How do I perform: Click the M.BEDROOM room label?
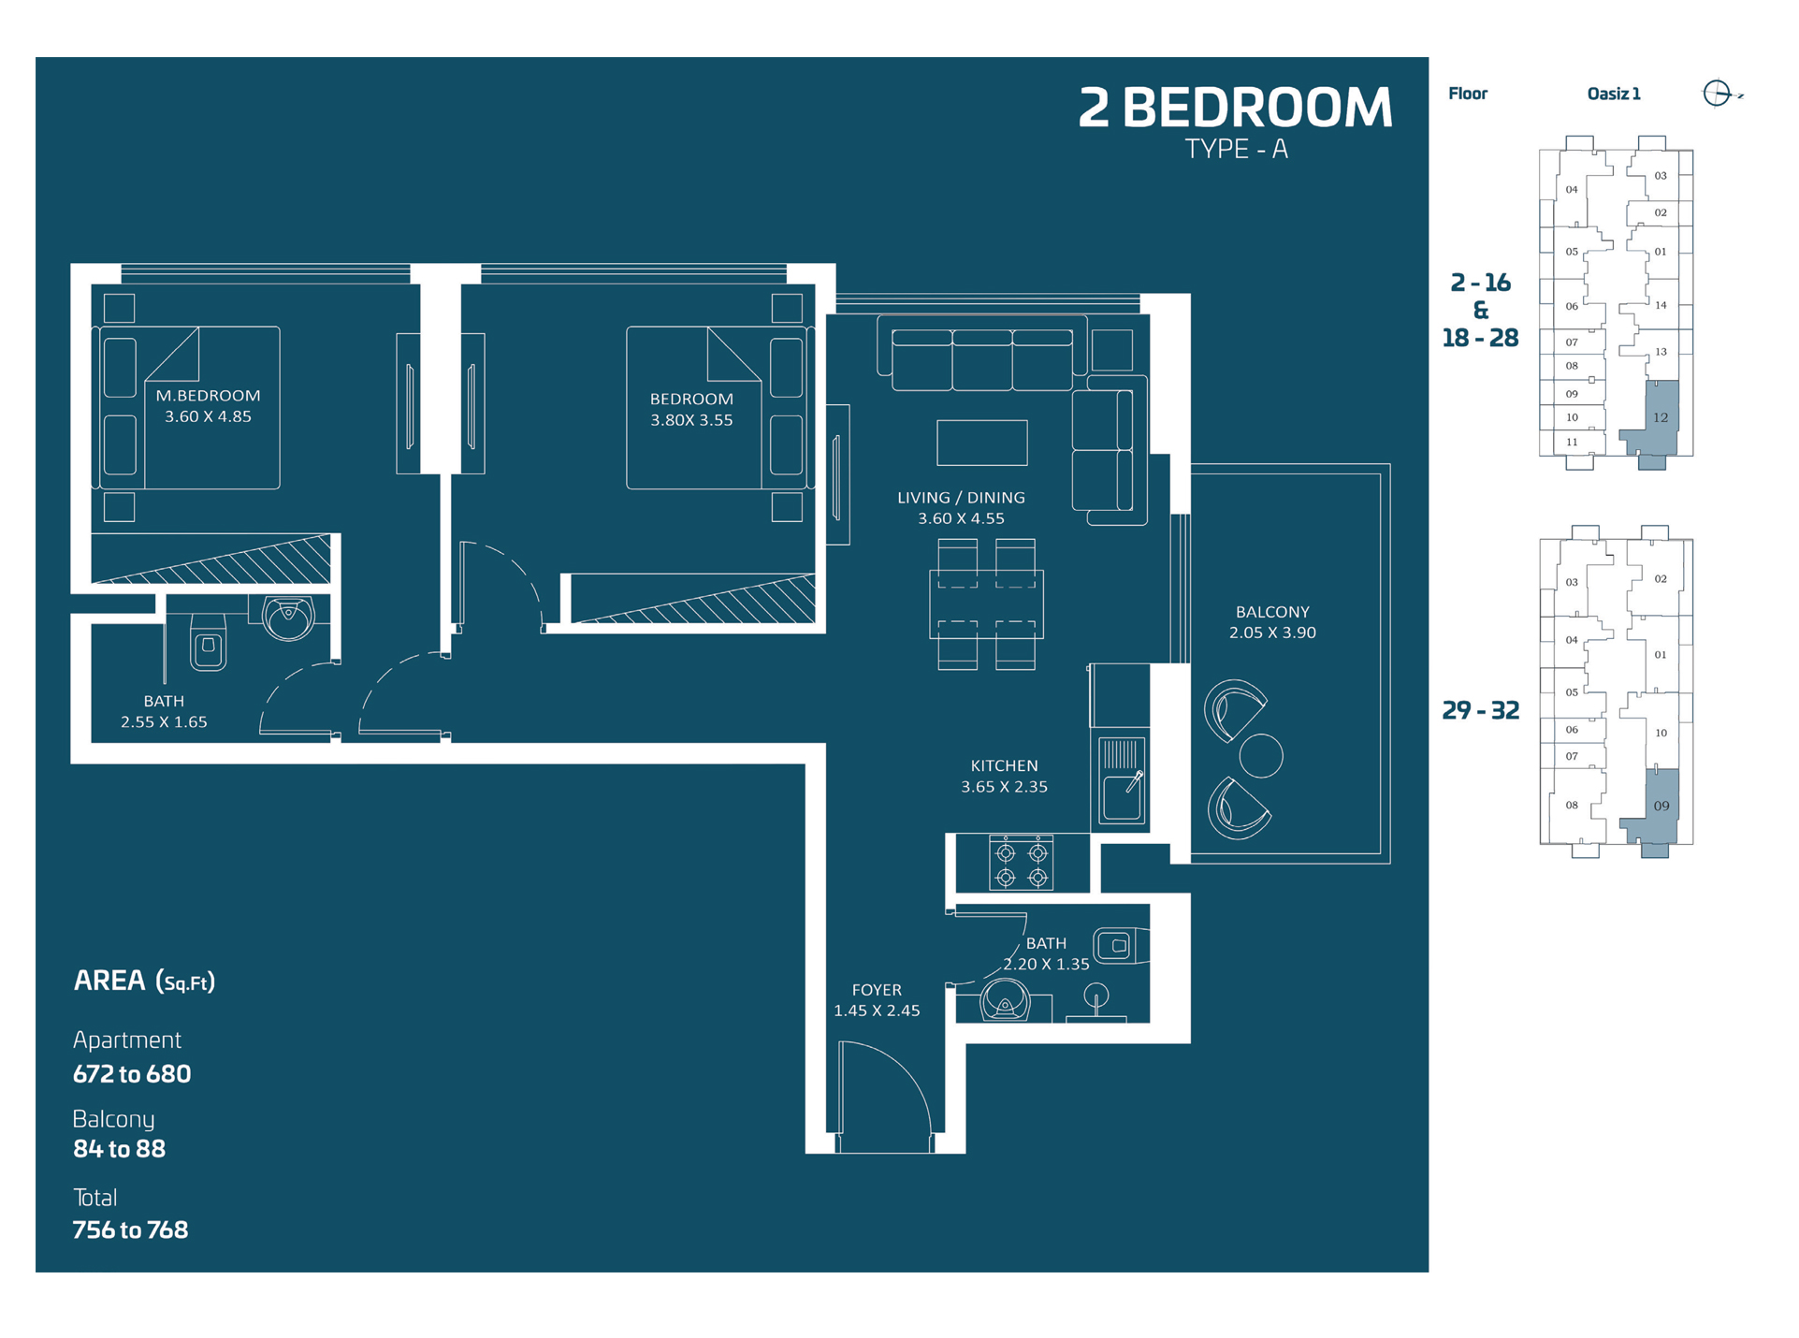pyautogui.click(x=208, y=396)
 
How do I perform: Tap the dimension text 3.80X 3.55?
pyautogui.click(x=691, y=420)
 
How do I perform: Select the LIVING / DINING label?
pyautogui.click(x=961, y=498)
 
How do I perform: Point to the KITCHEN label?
pyautogui.click(x=1004, y=765)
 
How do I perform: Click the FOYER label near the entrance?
pyautogui.click(x=877, y=990)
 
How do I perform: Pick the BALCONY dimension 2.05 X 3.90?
pyautogui.click(x=1272, y=633)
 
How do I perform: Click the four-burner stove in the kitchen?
pyautogui.click(x=1021, y=865)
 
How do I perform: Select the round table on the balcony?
pyautogui.click(x=1260, y=756)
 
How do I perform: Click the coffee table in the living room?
pyautogui.click(x=981, y=443)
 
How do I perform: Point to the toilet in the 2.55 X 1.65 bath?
pyautogui.click(x=208, y=644)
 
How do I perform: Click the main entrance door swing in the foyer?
pyautogui.click(x=884, y=1095)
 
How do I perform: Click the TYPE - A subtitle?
pyautogui.click(x=1236, y=150)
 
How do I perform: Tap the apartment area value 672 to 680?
pyautogui.click(x=132, y=1074)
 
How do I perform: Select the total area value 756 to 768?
pyautogui.click(x=130, y=1229)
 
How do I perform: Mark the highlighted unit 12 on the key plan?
pyautogui.click(x=1660, y=417)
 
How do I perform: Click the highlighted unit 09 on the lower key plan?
pyautogui.click(x=1661, y=806)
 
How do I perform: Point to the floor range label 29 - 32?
pyautogui.click(x=1480, y=710)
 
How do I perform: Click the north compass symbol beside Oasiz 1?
pyautogui.click(x=1718, y=94)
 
